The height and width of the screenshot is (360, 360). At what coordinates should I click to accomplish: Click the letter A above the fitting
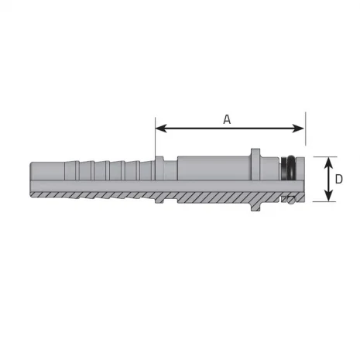coord(227,118)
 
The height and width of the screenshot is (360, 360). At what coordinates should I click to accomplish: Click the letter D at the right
coord(339,180)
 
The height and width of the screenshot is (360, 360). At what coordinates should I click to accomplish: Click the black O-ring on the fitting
coord(290,169)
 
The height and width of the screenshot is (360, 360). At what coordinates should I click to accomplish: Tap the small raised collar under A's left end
coord(159,172)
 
